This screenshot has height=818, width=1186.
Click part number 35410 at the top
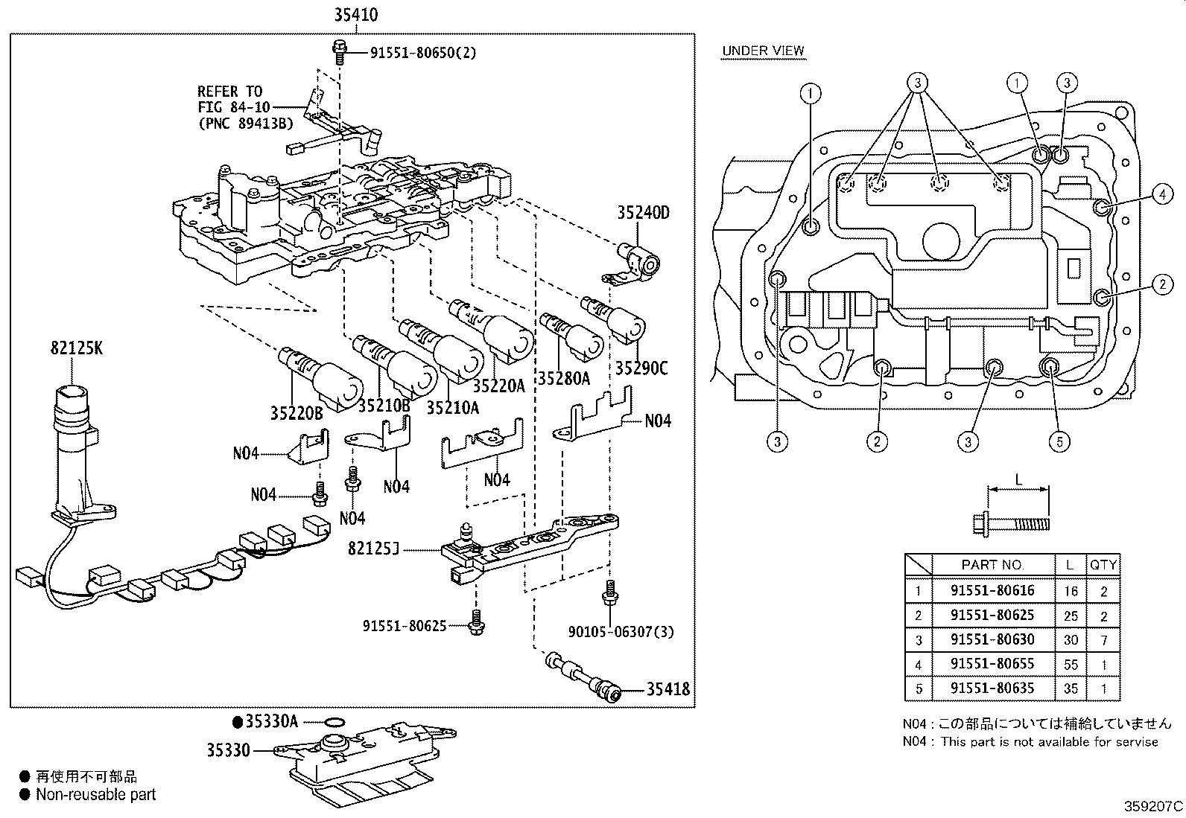(355, 15)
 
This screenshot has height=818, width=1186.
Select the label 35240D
(642, 213)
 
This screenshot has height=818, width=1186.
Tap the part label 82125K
(77, 347)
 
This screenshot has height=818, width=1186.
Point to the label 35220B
(296, 412)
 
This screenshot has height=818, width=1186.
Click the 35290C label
(641, 368)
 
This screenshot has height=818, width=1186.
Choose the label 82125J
(374, 549)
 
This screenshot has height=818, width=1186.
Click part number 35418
(667, 690)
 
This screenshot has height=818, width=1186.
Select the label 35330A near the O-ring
(270, 721)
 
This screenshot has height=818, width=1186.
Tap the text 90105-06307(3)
(621, 632)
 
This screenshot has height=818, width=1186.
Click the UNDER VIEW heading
(762, 51)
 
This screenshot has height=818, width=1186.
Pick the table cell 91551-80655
(992, 664)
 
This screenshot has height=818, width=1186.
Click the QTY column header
(1103, 565)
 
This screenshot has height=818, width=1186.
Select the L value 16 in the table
(1071, 591)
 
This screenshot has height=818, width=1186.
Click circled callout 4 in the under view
(1161, 195)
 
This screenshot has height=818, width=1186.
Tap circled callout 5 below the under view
(1059, 441)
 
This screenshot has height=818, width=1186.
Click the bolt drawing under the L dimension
(1012, 523)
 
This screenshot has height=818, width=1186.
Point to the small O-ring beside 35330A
(335, 721)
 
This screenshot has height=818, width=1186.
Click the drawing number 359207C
(1152, 806)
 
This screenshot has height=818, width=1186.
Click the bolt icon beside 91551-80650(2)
(340, 51)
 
